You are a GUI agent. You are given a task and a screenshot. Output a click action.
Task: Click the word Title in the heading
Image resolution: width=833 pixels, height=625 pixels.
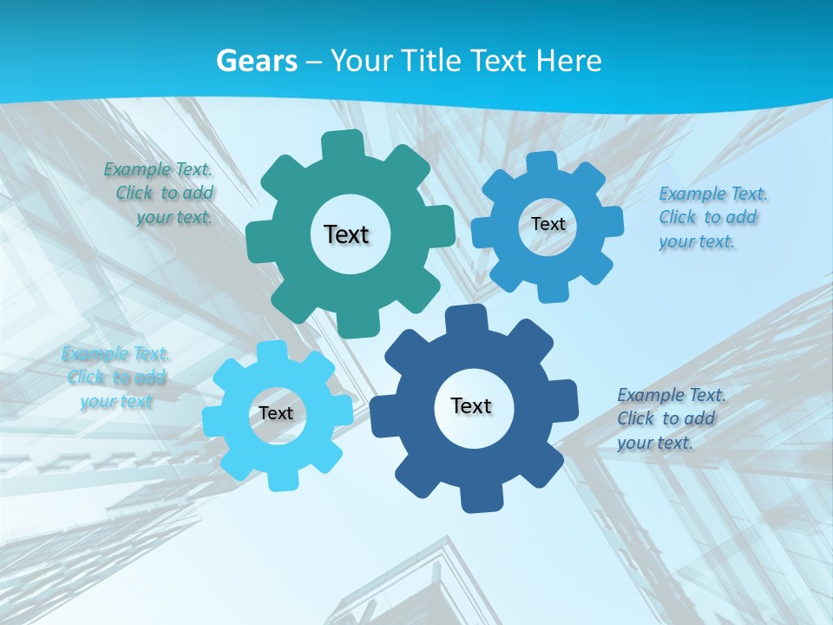tap(432, 61)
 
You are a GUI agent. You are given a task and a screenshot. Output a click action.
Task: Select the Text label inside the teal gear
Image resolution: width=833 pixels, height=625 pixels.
tap(346, 234)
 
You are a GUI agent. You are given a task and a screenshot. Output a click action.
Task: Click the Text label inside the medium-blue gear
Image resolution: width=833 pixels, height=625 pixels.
tap(548, 224)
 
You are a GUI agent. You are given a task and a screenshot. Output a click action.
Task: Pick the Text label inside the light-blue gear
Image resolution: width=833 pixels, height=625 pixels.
tap(276, 413)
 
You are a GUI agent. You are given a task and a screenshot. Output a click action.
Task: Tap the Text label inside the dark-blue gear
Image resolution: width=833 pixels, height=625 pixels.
tap(471, 405)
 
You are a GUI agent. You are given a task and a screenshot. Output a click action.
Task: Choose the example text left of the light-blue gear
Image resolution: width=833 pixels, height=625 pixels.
tap(116, 378)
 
